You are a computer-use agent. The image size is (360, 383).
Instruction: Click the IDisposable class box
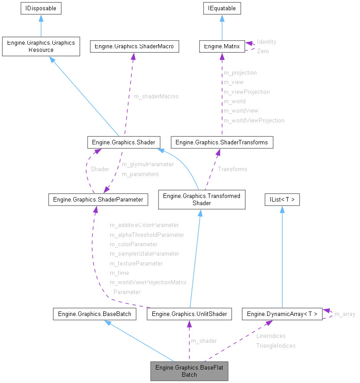coord(41,8)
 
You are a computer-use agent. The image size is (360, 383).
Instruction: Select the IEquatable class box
coord(222,8)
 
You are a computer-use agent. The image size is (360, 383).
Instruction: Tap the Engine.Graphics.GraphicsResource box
coord(41,46)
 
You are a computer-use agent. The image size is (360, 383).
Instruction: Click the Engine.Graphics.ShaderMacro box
coord(134,46)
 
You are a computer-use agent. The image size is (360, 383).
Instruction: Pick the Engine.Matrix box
coord(222,46)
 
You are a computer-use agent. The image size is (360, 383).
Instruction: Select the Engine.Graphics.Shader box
coord(123,143)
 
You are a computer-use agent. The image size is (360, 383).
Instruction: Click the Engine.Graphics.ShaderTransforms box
coord(222,143)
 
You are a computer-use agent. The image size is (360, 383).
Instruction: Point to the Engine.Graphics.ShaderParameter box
coord(98,199)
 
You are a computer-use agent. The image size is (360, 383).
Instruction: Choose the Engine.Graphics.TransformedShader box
coord(201,199)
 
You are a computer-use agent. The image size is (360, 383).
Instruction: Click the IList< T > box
coord(282,199)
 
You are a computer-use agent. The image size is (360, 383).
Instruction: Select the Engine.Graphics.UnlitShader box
coord(189,314)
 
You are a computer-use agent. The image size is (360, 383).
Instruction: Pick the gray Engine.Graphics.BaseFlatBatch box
coord(189,371)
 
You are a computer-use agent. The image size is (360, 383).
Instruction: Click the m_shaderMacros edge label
coord(156,97)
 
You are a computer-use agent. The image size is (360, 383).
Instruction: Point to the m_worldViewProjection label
coord(254,120)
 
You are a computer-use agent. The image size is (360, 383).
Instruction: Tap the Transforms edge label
coord(232,169)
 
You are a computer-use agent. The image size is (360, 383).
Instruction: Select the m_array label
coord(345,314)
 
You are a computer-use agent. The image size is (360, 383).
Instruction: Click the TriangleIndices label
coord(276,345)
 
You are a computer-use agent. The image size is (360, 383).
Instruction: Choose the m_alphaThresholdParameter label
coord(147,235)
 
